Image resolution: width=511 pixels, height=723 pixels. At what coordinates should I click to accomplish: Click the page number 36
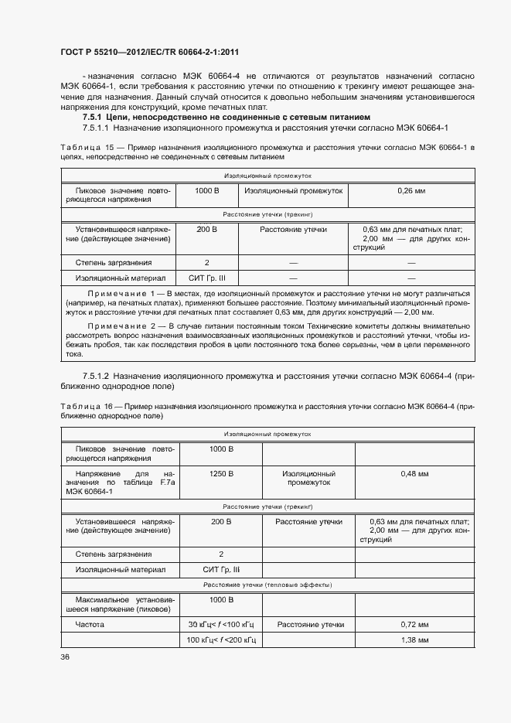[x=64, y=657]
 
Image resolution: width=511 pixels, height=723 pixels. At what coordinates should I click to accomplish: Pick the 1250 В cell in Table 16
[x=220, y=473]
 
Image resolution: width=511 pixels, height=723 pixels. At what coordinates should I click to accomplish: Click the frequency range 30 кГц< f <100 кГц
[x=220, y=624]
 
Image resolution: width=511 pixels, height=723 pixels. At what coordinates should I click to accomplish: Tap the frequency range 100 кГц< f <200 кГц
[x=220, y=641]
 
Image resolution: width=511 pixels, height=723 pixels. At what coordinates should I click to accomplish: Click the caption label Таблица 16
[x=82, y=406]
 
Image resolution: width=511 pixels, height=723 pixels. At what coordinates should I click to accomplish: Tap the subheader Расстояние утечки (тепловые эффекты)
[x=267, y=585]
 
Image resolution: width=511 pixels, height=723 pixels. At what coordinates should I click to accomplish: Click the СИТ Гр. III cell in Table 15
[x=207, y=278]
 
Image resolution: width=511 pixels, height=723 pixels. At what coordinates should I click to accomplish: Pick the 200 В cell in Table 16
[x=220, y=522]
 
